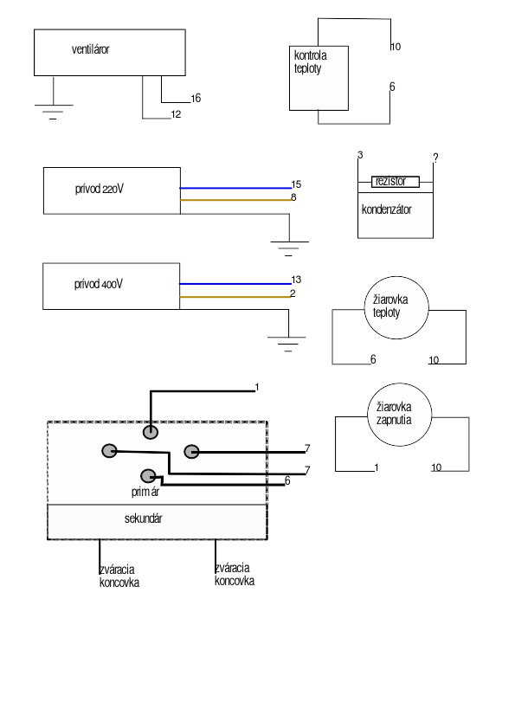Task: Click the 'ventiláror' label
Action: point(91,49)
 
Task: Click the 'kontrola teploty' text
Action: point(310,61)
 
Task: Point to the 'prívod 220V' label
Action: point(100,189)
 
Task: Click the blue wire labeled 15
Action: point(235,188)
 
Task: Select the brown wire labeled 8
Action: point(235,200)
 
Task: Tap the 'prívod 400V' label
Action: point(99,284)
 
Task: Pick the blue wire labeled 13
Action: point(235,284)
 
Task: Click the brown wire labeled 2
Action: point(235,297)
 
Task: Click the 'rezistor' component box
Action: point(396,182)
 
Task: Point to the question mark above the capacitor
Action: point(435,158)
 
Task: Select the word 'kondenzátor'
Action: point(387,209)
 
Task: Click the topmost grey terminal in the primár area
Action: point(150,432)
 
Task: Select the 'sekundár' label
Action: point(143,519)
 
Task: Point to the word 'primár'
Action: point(145,492)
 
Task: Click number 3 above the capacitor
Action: point(360,155)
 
